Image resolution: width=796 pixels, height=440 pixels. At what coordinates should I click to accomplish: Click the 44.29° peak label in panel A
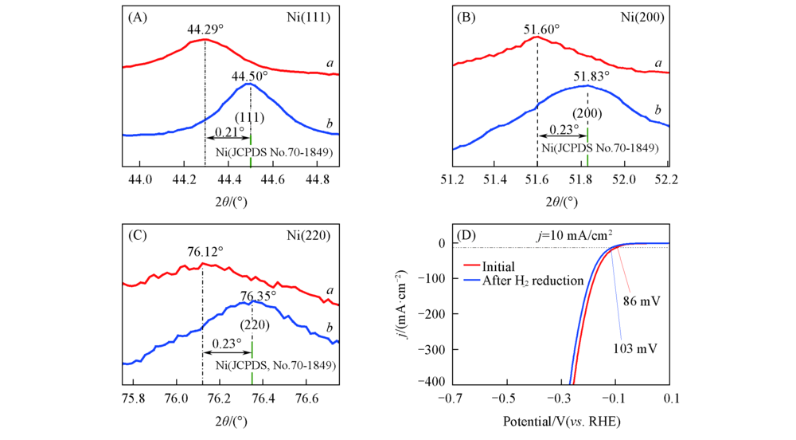[x=205, y=29]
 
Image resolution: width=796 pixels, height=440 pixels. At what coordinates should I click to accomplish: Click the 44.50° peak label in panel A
[x=250, y=77]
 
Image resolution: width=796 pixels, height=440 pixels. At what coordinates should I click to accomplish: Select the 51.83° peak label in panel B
[x=591, y=76]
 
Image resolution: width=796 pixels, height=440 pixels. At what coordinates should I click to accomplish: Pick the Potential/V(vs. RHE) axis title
[x=562, y=420]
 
